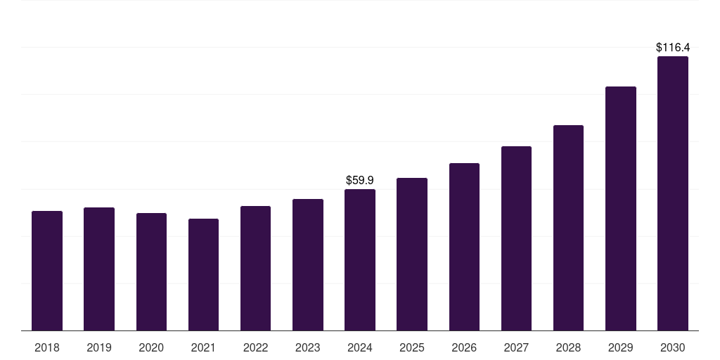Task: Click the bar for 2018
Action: click(x=47, y=271)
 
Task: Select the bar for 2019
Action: click(x=99, y=269)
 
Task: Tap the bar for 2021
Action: click(x=203, y=274)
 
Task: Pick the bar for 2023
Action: click(x=308, y=264)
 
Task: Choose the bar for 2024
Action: click(x=360, y=259)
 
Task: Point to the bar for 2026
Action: click(x=464, y=247)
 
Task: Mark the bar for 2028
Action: click(x=568, y=228)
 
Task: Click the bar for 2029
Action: click(x=621, y=208)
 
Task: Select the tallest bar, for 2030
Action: click(x=673, y=193)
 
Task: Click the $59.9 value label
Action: click(x=360, y=181)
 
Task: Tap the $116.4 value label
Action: click(x=673, y=48)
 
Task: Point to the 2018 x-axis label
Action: click(x=47, y=347)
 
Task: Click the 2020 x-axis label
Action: click(x=151, y=347)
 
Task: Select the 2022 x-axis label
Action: click(x=255, y=347)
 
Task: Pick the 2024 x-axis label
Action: click(x=360, y=347)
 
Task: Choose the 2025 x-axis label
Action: click(x=412, y=347)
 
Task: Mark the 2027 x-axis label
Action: click(x=516, y=347)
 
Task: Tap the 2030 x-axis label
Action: click(x=673, y=347)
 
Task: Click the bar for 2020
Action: click(x=151, y=271)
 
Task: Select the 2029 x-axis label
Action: click(x=621, y=347)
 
